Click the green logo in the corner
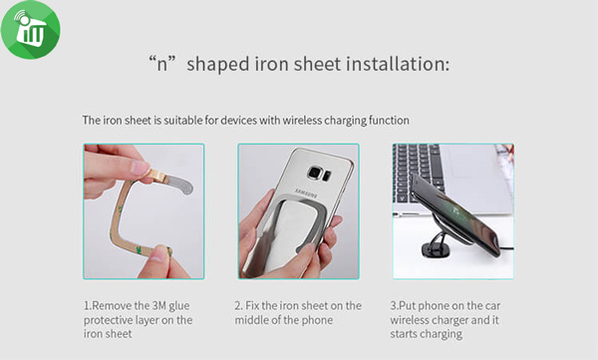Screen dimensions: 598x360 31,29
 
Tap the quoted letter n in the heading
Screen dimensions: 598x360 162,64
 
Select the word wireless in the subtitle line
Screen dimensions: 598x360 302,121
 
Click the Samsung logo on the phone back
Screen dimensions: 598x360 305,193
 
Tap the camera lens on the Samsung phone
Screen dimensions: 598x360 315,173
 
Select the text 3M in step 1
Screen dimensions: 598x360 159,306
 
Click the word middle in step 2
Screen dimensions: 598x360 251,320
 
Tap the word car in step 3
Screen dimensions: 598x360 492,306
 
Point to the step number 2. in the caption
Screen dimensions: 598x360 238,306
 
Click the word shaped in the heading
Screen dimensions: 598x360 217,65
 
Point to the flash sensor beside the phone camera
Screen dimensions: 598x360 328,176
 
